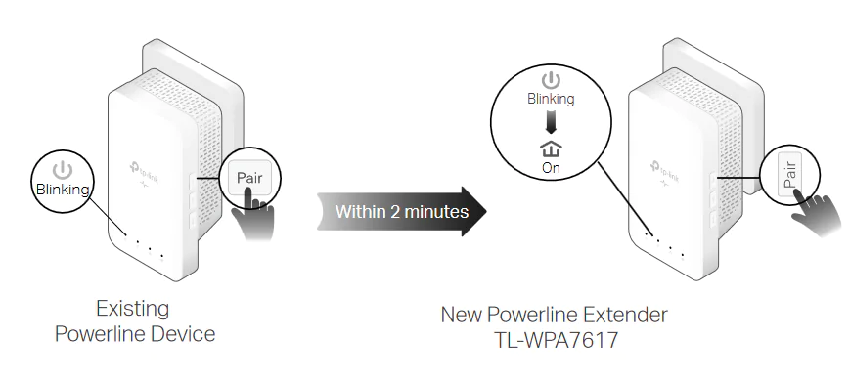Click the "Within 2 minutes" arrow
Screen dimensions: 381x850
click(x=401, y=211)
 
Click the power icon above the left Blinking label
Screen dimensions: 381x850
click(x=62, y=170)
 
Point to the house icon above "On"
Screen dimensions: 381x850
click(x=552, y=148)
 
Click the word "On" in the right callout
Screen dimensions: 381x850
click(x=552, y=168)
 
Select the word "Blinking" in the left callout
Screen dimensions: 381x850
click(x=62, y=190)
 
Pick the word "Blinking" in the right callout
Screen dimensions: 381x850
click(x=552, y=99)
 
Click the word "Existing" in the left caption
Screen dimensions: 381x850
click(x=132, y=310)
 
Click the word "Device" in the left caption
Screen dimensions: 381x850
click(x=181, y=334)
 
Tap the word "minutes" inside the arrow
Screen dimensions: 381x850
click(x=434, y=211)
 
